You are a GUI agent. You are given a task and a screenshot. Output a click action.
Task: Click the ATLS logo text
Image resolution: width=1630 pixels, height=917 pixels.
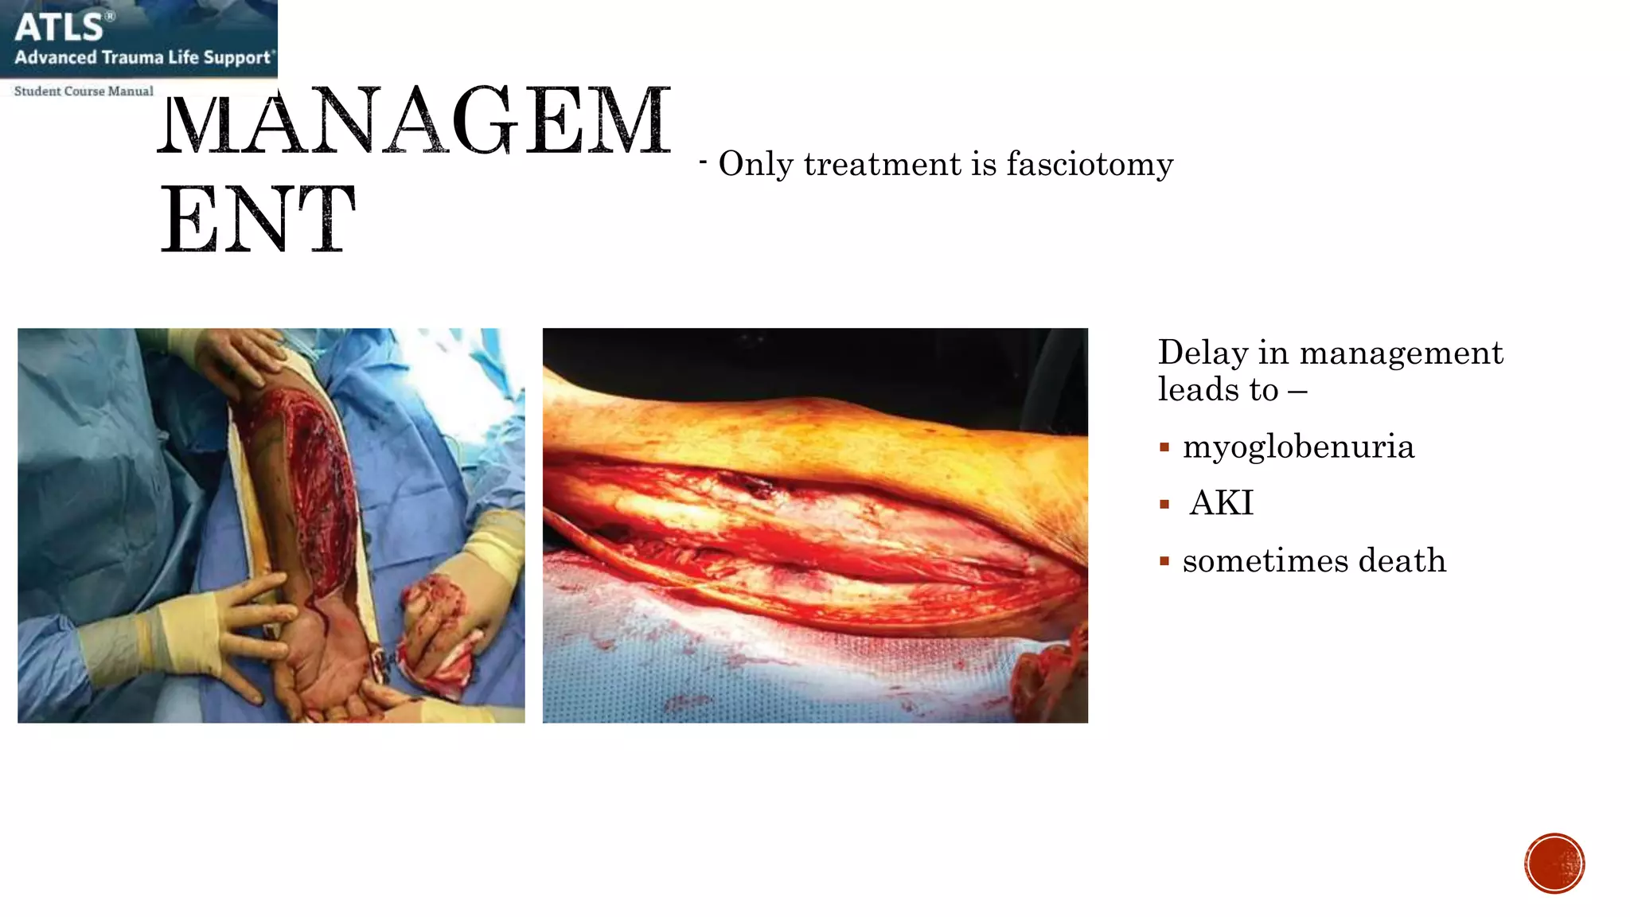[60, 27]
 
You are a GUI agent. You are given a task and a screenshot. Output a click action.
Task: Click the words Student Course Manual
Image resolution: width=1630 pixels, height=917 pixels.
[84, 92]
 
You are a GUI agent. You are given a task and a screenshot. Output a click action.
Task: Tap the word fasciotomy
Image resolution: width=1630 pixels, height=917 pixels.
[1090, 165]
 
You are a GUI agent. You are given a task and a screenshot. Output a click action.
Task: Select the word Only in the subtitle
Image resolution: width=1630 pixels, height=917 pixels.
[756, 165]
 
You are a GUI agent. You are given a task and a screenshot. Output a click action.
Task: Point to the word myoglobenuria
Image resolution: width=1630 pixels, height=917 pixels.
[1298, 447]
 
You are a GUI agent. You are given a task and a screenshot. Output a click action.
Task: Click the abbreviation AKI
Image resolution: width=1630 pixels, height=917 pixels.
[1221, 504]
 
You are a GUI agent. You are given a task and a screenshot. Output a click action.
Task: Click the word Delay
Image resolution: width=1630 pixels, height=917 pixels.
[1203, 353]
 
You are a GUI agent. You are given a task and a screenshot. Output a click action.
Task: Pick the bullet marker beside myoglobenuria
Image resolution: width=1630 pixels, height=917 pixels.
[1164, 448]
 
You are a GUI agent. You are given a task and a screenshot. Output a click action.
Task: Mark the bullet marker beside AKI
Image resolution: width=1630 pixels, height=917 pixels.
[1164, 505]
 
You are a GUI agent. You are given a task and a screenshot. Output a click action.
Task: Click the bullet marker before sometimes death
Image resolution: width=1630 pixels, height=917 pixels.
[1164, 562]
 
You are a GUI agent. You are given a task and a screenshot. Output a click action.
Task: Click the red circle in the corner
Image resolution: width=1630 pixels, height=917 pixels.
[1554, 864]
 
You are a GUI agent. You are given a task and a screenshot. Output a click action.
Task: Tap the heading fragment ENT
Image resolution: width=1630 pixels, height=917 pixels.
[258, 219]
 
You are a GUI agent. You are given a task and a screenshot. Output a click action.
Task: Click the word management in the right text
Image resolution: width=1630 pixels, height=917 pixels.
[1401, 353]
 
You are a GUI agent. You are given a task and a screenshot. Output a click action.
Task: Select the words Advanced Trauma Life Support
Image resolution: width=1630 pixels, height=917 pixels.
[143, 57]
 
